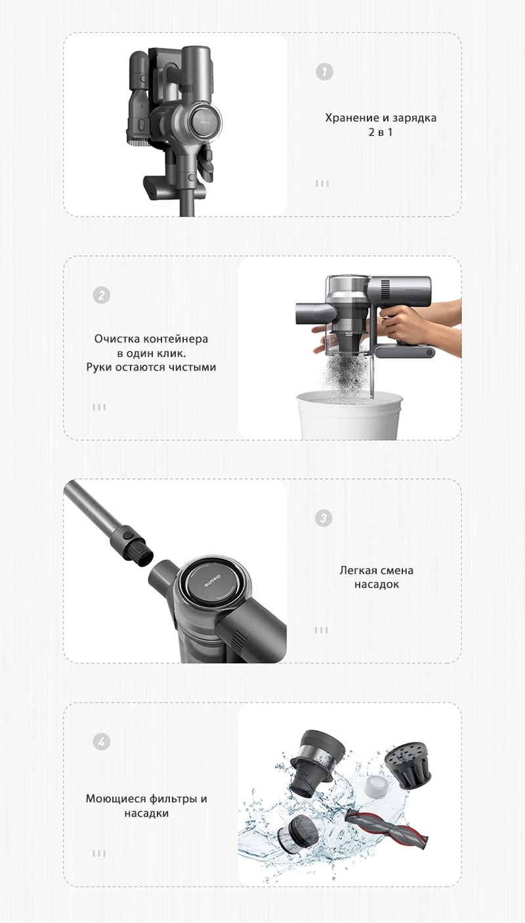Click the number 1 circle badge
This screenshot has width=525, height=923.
(324, 72)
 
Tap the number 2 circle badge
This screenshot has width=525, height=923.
(101, 295)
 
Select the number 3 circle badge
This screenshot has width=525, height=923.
(323, 518)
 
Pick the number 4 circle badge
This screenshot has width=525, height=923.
(101, 742)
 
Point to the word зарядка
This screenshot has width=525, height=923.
(413, 118)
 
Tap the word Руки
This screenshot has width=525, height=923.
(99, 367)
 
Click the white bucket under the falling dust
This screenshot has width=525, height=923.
(349, 415)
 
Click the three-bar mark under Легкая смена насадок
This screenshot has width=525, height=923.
(322, 630)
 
